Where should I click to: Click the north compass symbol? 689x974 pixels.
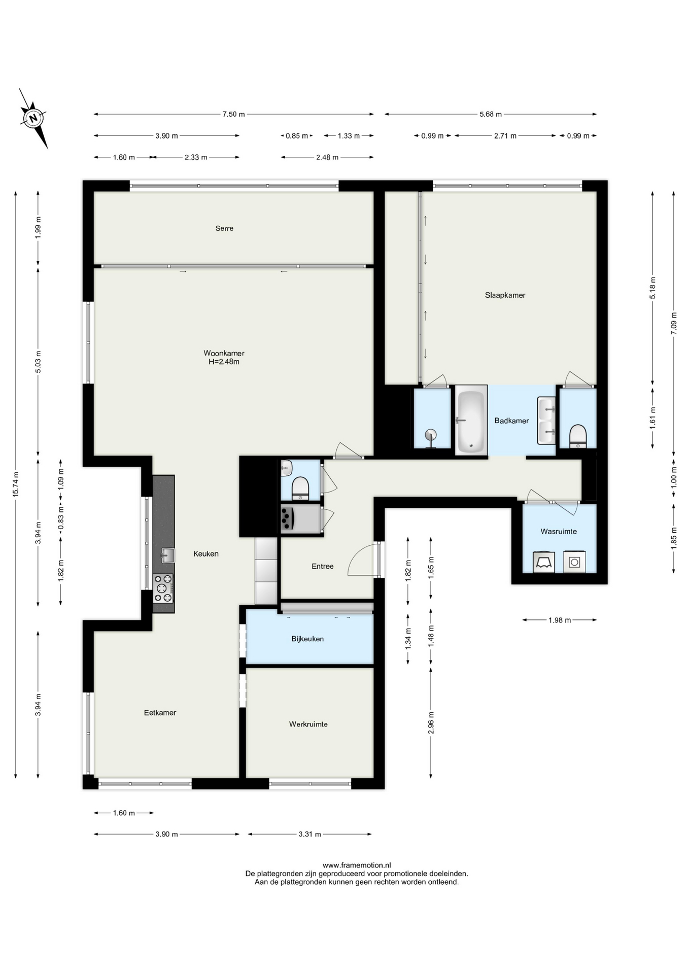33,119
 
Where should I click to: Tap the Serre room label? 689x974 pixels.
224,228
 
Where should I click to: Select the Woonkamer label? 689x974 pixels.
224,353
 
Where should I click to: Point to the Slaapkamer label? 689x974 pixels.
505,295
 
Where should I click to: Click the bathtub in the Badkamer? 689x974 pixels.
471,421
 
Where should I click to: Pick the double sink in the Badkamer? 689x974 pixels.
546,421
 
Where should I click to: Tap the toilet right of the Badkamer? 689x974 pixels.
578,437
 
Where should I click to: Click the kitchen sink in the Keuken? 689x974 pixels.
168,555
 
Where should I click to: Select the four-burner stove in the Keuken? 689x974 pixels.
163,588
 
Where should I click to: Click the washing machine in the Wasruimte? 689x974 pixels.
574,562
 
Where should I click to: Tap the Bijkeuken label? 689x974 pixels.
307,639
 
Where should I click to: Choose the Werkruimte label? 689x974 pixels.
308,724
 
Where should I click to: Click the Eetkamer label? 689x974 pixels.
160,713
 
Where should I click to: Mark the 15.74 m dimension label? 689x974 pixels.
16,484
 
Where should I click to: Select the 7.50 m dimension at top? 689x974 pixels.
233,114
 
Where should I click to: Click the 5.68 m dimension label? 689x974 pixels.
491,114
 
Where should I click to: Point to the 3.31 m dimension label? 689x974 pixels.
310,834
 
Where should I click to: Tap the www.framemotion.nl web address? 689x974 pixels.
357,865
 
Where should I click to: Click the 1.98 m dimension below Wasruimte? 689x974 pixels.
560,620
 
